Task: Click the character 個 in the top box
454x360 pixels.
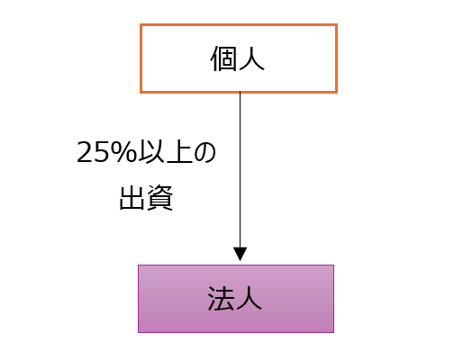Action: pos(222,58)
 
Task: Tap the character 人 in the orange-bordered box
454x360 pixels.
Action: pos(251,58)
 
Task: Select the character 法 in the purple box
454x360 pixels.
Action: pos(221,298)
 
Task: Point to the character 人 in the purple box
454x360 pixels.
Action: pos(249,298)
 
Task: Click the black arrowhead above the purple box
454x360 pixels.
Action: pos(240,254)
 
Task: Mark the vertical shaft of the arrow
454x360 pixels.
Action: pos(240,170)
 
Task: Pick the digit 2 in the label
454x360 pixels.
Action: pos(86,152)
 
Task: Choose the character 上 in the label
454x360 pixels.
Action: pos(179,152)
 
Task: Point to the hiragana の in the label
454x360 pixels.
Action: pos(205,152)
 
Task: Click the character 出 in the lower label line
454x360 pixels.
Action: pos(132,198)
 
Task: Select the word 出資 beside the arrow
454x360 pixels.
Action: pos(146,198)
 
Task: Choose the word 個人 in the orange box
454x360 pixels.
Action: pos(238,58)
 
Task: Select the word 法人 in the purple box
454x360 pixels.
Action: pos(235,298)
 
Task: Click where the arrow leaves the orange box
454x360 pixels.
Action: pos(240,93)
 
